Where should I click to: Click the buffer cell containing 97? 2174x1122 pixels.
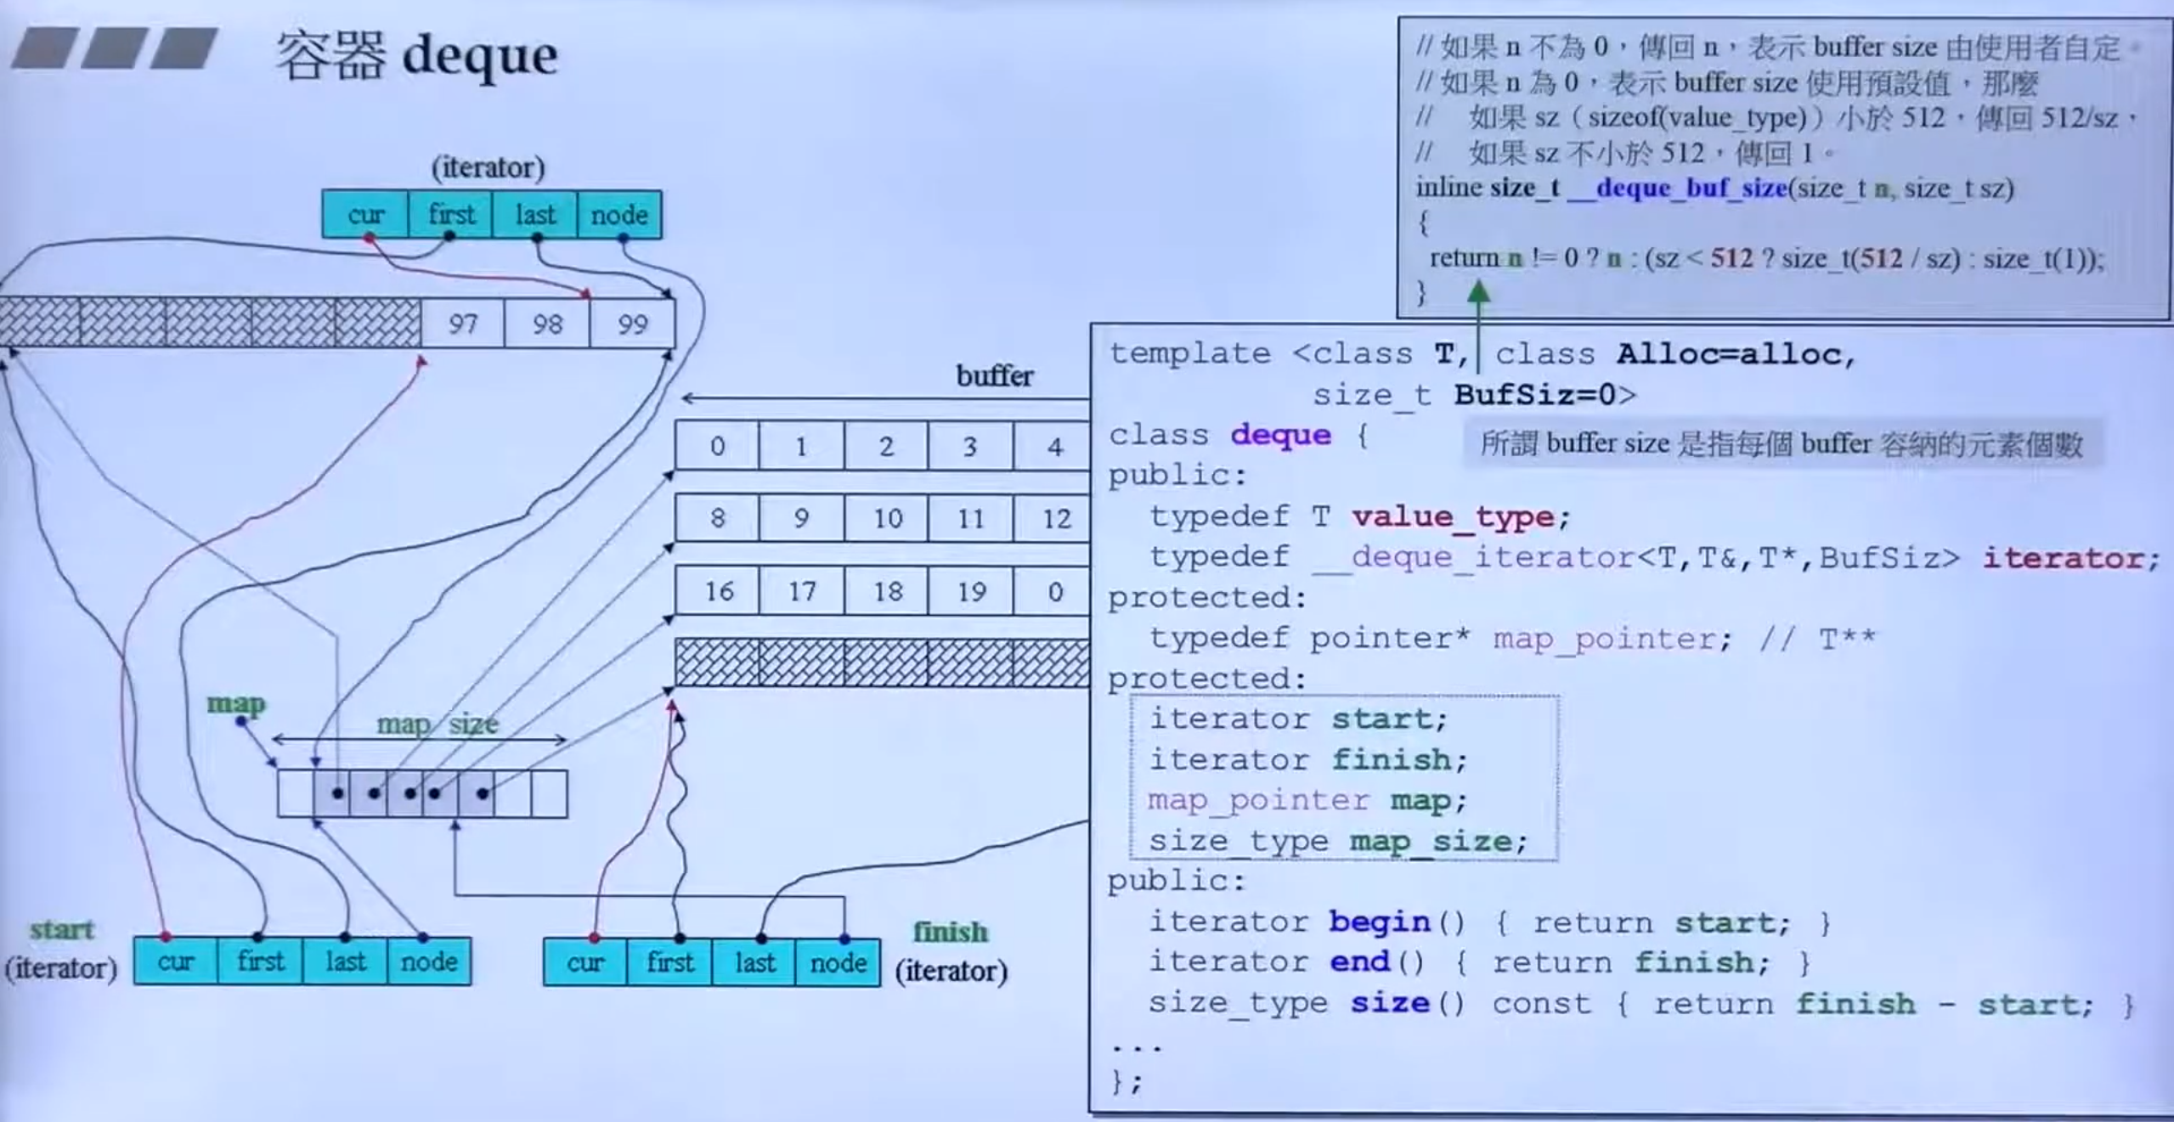pyautogui.click(x=462, y=324)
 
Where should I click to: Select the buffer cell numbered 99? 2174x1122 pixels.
pyautogui.click(x=632, y=324)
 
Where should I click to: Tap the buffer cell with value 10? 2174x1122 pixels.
pyautogui.click(x=887, y=518)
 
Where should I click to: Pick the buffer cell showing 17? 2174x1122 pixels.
pyautogui.click(x=802, y=590)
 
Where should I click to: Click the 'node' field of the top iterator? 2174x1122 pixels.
pyautogui.click(x=619, y=215)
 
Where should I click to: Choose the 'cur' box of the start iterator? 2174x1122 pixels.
pyautogui.click(x=176, y=961)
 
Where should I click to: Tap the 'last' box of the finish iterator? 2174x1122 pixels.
pyautogui.click(x=754, y=962)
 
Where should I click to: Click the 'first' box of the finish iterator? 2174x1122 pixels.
pyautogui.click(x=670, y=962)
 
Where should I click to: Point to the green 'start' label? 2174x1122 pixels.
pyautogui.click(x=62, y=930)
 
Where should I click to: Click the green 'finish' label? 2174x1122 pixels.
pyautogui.click(x=950, y=933)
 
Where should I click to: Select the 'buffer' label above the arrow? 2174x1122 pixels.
pyautogui.click(x=995, y=375)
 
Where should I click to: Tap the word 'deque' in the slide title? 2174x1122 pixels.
pyautogui.click(x=480, y=56)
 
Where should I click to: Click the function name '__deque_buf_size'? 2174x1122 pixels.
pyautogui.click(x=1678, y=188)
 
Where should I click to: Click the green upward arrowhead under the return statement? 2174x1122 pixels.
pyautogui.click(x=1478, y=294)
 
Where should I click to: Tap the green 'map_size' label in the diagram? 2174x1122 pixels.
pyautogui.click(x=437, y=725)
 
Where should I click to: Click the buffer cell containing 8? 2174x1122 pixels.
pyautogui.click(x=718, y=518)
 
